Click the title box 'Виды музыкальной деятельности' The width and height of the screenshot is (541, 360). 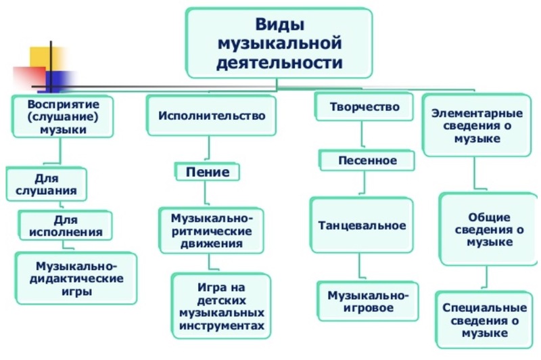pyautogui.click(x=279, y=43)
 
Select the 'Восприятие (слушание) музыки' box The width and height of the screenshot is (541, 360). pyautogui.click(x=63, y=116)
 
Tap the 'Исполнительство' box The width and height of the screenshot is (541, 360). pyautogui.click(x=212, y=115)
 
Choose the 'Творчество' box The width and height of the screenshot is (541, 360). pyautogui.click(x=364, y=107)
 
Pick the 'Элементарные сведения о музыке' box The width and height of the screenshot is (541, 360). pyautogui.click(x=477, y=125)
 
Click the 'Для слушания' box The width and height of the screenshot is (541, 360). pyautogui.click(x=46, y=184)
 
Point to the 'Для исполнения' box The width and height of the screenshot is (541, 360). pyautogui.click(x=66, y=226)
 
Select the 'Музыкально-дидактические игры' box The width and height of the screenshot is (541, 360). pyautogui.click(x=76, y=278)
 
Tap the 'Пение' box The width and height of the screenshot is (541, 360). pyautogui.click(x=208, y=172)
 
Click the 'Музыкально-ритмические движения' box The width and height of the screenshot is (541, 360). pyautogui.click(x=212, y=231)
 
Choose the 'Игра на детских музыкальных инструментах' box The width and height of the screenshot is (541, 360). pyautogui.click(x=222, y=306)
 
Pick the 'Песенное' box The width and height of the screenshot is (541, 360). pyautogui.click(x=367, y=160)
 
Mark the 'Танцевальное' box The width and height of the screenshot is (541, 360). pyautogui.click(x=362, y=225)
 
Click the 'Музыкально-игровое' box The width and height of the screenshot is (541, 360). pyautogui.click(x=368, y=301)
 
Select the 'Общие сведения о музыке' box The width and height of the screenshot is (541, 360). pyautogui.click(x=489, y=229)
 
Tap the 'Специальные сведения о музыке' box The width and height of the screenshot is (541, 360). pyautogui.click(x=484, y=320)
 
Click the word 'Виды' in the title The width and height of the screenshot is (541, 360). pyautogui.click(x=279, y=24)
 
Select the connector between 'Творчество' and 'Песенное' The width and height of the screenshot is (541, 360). pyautogui.click(x=362, y=135)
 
